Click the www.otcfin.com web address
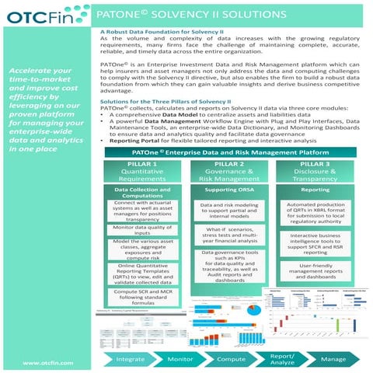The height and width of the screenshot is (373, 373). point(48,363)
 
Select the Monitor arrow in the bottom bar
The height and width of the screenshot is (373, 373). point(180,360)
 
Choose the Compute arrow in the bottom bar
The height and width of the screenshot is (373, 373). point(231,360)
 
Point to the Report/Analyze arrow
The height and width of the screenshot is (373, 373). point(282,359)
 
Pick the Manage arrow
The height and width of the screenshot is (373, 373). point(333,360)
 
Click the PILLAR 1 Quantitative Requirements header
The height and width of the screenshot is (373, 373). point(142,172)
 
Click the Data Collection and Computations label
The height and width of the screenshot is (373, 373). point(142,193)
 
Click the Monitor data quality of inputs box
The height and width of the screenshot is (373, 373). point(142,229)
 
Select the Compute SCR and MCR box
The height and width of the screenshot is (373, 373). point(142,295)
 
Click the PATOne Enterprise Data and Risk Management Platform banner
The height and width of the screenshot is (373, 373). point(229,152)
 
